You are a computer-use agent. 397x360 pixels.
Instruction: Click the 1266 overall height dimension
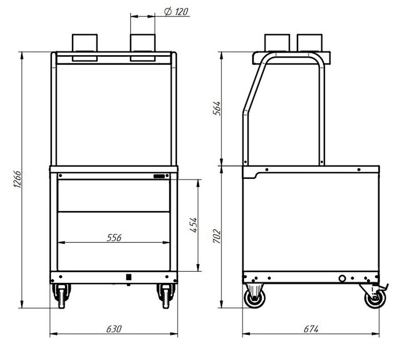[17, 179]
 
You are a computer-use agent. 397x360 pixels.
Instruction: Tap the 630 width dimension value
[114, 329]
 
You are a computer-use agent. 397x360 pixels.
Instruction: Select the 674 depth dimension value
[311, 329]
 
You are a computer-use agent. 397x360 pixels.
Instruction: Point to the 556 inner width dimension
[114, 238]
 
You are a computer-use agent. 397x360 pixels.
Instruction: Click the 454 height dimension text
[194, 225]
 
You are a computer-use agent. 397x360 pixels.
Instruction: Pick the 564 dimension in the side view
[217, 108]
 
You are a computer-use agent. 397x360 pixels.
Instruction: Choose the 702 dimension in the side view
[217, 236]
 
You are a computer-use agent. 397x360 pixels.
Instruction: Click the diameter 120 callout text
[176, 11]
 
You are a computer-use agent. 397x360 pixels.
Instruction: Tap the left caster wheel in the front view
[61, 296]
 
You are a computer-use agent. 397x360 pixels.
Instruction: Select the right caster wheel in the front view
[166, 296]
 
